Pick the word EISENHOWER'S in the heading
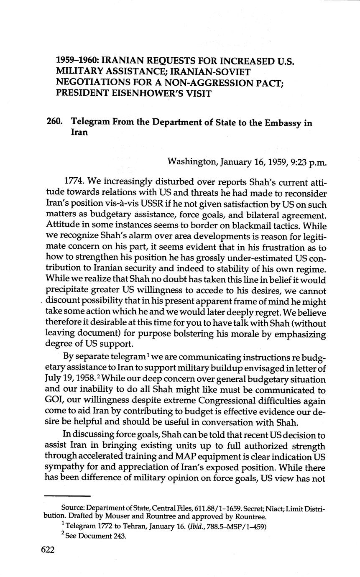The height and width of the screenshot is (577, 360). click(153, 93)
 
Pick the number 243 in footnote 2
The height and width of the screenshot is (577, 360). click(118, 536)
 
